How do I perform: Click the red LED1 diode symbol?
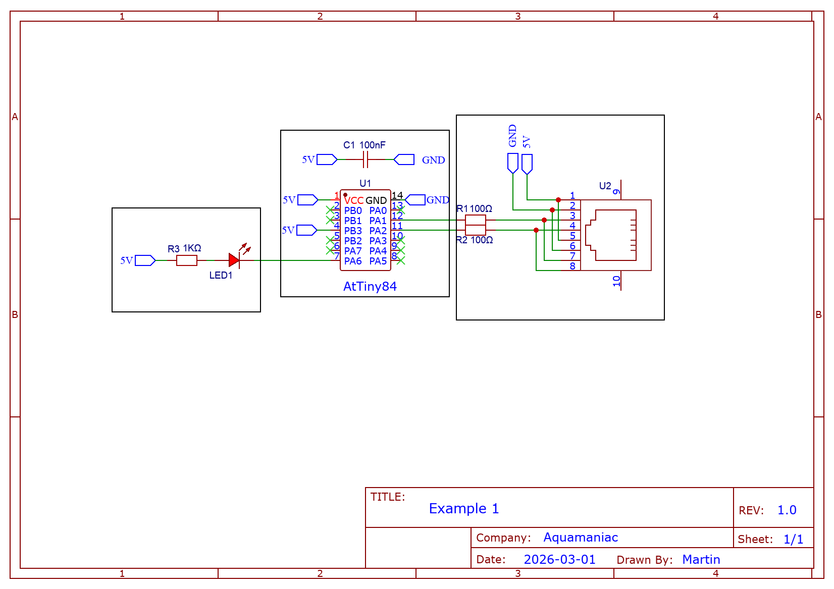[x=234, y=260]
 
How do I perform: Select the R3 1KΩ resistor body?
[x=186, y=260]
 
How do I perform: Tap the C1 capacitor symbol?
[x=366, y=159]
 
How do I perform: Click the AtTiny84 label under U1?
[x=370, y=287]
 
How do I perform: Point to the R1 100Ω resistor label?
[x=474, y=208]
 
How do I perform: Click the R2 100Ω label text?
[x=475, y=240]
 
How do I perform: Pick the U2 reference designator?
[x=605, y=186]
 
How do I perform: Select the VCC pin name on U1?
[x=354, y=200]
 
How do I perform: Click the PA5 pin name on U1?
[x=378, y=261]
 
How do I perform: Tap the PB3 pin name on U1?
[x=353, y=231]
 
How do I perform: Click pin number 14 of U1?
[x=397, y=195]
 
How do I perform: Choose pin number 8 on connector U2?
[x=572, y=266]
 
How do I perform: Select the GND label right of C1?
[x=433, y=160]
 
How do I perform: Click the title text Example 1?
[x=463, y=509]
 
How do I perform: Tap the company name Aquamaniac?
[x=580, y=538]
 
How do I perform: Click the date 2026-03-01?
[x=559, y=560]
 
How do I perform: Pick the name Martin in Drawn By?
[x=701, y=560]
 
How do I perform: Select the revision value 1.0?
[x=787, y=510]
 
